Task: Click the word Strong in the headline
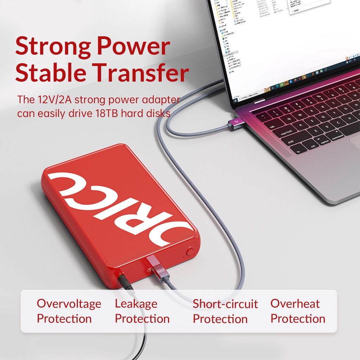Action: [52, 47]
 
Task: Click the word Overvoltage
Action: [69, 304]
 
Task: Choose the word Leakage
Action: [136, 304]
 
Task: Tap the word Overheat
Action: [295, 304]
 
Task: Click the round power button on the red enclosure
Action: [190, 252]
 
